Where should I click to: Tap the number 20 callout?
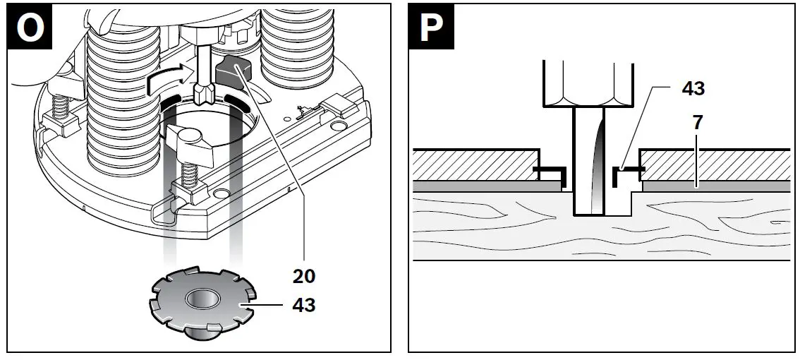[304, 275]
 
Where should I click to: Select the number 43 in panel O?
[304, 305]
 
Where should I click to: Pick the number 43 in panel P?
[693, 88]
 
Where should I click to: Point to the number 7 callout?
[698, 122]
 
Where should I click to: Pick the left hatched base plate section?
[473, 164]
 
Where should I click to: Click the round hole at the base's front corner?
[221, 193]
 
